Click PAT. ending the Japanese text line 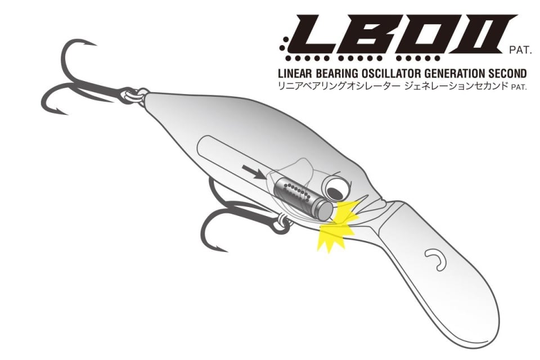tap(519, 87)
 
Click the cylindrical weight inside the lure tap(303, 198)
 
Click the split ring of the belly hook tap(282, 222)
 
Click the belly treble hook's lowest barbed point tap(220, 249)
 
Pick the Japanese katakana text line tap(393, 85)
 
